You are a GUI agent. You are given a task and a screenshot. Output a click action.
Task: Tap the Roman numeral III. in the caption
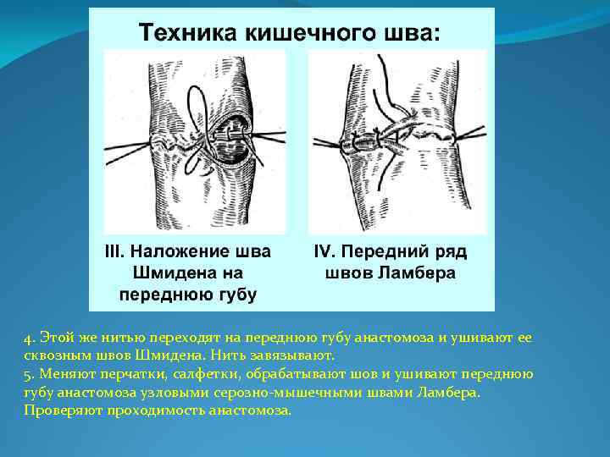[115, 253]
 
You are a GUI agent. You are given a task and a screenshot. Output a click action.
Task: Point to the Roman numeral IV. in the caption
[328, 253]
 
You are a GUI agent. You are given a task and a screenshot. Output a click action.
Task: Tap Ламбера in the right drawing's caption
[419, 273]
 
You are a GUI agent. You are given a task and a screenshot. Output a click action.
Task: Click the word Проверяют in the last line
[59, 410]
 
